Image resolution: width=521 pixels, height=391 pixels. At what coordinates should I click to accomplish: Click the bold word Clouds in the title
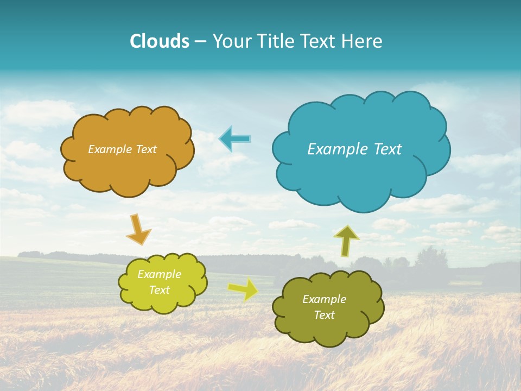click(x=160, y=41)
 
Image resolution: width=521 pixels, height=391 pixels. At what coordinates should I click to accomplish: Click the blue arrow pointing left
click(x=234, y=139)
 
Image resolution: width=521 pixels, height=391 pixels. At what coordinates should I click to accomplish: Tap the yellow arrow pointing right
click(x=243, y=289)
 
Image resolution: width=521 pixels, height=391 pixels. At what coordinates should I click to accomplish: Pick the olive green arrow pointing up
click(x=346, y=240)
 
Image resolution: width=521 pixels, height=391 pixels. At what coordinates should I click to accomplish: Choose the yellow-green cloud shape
click(x=162, y=282)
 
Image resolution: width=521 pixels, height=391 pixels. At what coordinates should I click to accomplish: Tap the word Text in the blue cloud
click(x=387, y=149)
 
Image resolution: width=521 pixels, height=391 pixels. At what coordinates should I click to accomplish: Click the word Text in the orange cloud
click(x=146, y=149)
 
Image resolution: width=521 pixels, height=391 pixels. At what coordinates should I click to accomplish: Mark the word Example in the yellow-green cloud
click(x=159, y=274)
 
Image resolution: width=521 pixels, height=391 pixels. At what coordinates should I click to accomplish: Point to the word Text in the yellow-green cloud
click(x=159, y=290)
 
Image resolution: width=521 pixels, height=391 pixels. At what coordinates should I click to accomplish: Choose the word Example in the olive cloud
click(x=324, y=299)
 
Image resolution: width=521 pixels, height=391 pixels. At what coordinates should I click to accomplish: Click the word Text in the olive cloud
click(x=324, y=315)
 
